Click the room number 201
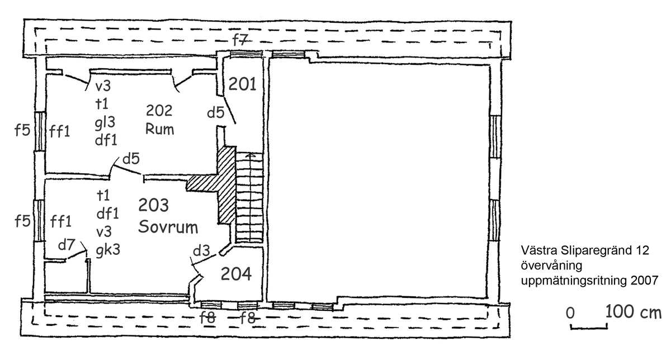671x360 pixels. (x=242, y=85)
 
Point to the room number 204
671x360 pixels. (x=237, y=274)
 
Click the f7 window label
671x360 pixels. (x=240, y=39)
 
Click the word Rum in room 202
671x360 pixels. (x=160, y=129)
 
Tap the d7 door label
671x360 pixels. (x=67, y=247)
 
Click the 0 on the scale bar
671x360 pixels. (x=570, y=313)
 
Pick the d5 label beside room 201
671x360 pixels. (x=215, y=112)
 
